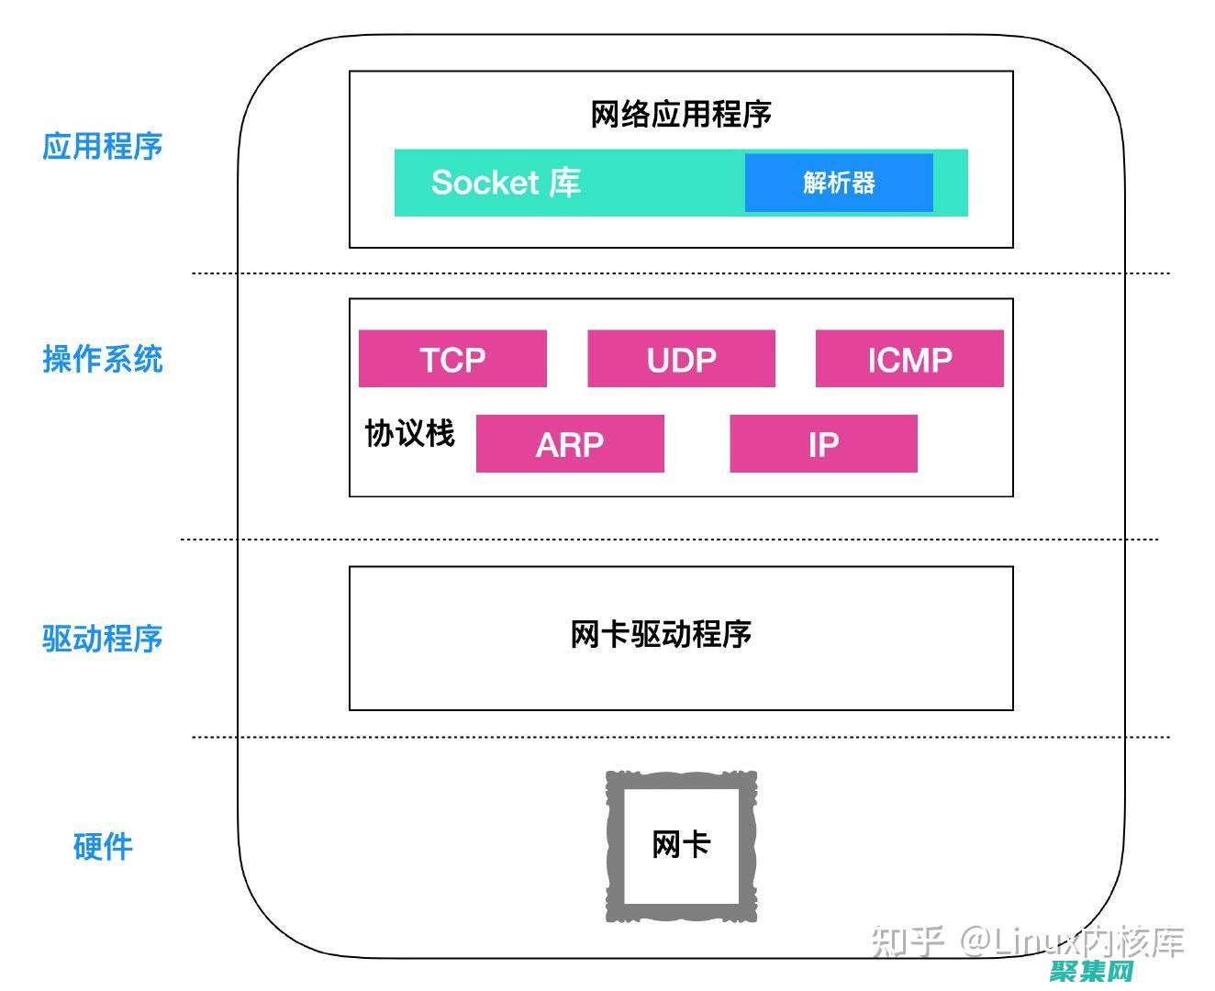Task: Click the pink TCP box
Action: pyautogui.click(x=452, y=359)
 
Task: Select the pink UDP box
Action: pyautogui.click(x=681, y=359)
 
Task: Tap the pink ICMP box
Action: pyautogui.click(x=909, y=359)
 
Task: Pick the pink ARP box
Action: pyautogui.click(x=570, y=444)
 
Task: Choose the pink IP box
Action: pyautogui.click(x=823, y=444)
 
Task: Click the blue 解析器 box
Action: pyautogui.click(x=839, y=183)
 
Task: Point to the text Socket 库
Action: pyautogui.click(x=506, y=183)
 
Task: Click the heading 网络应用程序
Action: pyautogui.click(x=681, y=114)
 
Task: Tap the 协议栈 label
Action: pyautogui.click(x=409, y=433)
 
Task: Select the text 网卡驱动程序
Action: pyautogui.click(x=661, y=634)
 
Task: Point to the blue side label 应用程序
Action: pyautogui.click(x=102, y=146)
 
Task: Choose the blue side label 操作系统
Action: pyautogui.click(x=102, y=359)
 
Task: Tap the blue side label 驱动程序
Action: pyautogui.click(x=102, y=639)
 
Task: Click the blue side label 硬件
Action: pyautogui.click(x=102, y=846)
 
